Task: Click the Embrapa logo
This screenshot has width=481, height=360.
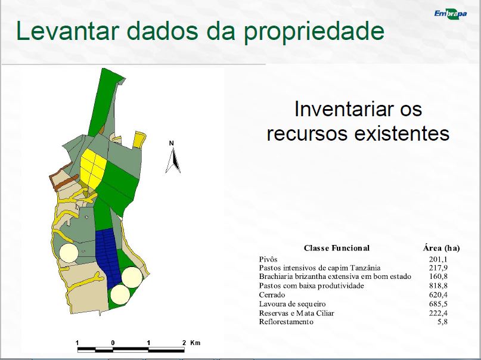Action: click(451, 14)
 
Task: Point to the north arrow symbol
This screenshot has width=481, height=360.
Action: click(173, 160)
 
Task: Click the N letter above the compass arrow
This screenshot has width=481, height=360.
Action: click(172, 143)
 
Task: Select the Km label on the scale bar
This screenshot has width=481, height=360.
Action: click(195, 343)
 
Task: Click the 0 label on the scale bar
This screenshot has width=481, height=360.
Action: click(113, 343)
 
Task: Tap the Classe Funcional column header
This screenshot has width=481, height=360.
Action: click(337, 248)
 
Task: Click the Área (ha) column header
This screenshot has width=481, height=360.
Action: click(441, 248)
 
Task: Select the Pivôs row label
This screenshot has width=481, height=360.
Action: click(268, 259)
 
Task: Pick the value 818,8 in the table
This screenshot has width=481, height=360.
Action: click(438, 285)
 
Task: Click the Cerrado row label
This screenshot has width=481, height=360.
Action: click(272, 294)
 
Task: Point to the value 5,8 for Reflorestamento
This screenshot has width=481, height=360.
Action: click(442, 322)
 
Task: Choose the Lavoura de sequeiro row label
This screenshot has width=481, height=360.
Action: click(292, 304)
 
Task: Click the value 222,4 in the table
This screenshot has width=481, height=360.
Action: click(438, 313)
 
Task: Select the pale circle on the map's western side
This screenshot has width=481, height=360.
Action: click(69, 253)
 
